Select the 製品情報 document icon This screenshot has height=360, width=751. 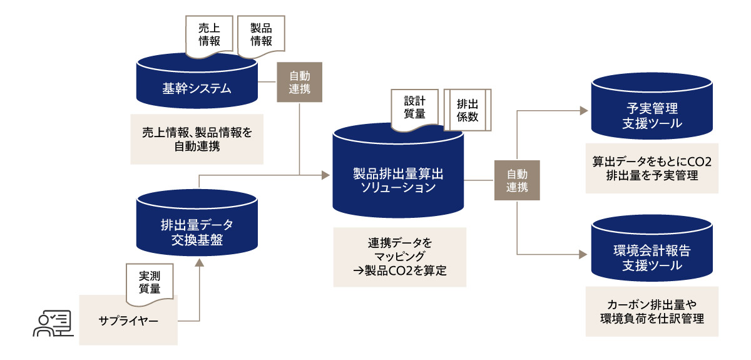261,35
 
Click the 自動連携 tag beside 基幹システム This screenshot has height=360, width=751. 300,82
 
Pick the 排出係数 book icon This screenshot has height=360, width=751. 468,109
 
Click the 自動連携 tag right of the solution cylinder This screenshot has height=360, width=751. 517,180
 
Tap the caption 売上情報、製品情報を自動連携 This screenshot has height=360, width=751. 197,139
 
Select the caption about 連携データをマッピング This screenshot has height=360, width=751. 400,256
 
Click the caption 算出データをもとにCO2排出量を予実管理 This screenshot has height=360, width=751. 651,168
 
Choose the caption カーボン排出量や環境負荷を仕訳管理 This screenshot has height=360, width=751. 651,312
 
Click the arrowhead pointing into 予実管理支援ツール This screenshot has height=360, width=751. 583,111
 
